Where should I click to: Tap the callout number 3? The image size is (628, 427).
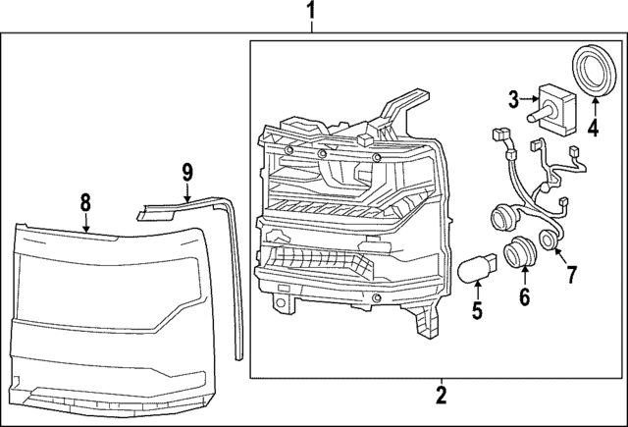click(x=512, y=97)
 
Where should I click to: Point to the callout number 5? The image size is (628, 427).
click(x=477, y=313)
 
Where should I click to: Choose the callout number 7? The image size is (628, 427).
click(x=571, y=272)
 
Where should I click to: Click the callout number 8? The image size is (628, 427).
click(x=85, y=202)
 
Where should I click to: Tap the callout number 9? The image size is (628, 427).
click(x=187, y=174)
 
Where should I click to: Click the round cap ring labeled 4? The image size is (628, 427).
click(x=592, y=71)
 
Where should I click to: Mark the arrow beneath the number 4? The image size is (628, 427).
click(x=593, y=103)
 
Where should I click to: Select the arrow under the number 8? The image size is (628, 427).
click(x=86, y=224)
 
